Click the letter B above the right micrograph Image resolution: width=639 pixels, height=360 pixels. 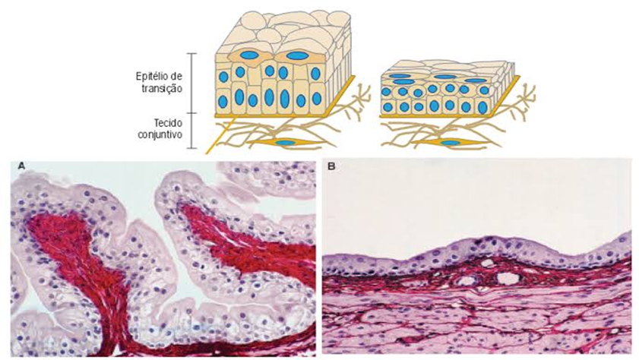[330, 163]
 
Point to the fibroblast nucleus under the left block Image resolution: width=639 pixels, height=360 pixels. [286, 143]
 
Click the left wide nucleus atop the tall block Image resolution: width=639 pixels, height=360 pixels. [248, 55]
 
